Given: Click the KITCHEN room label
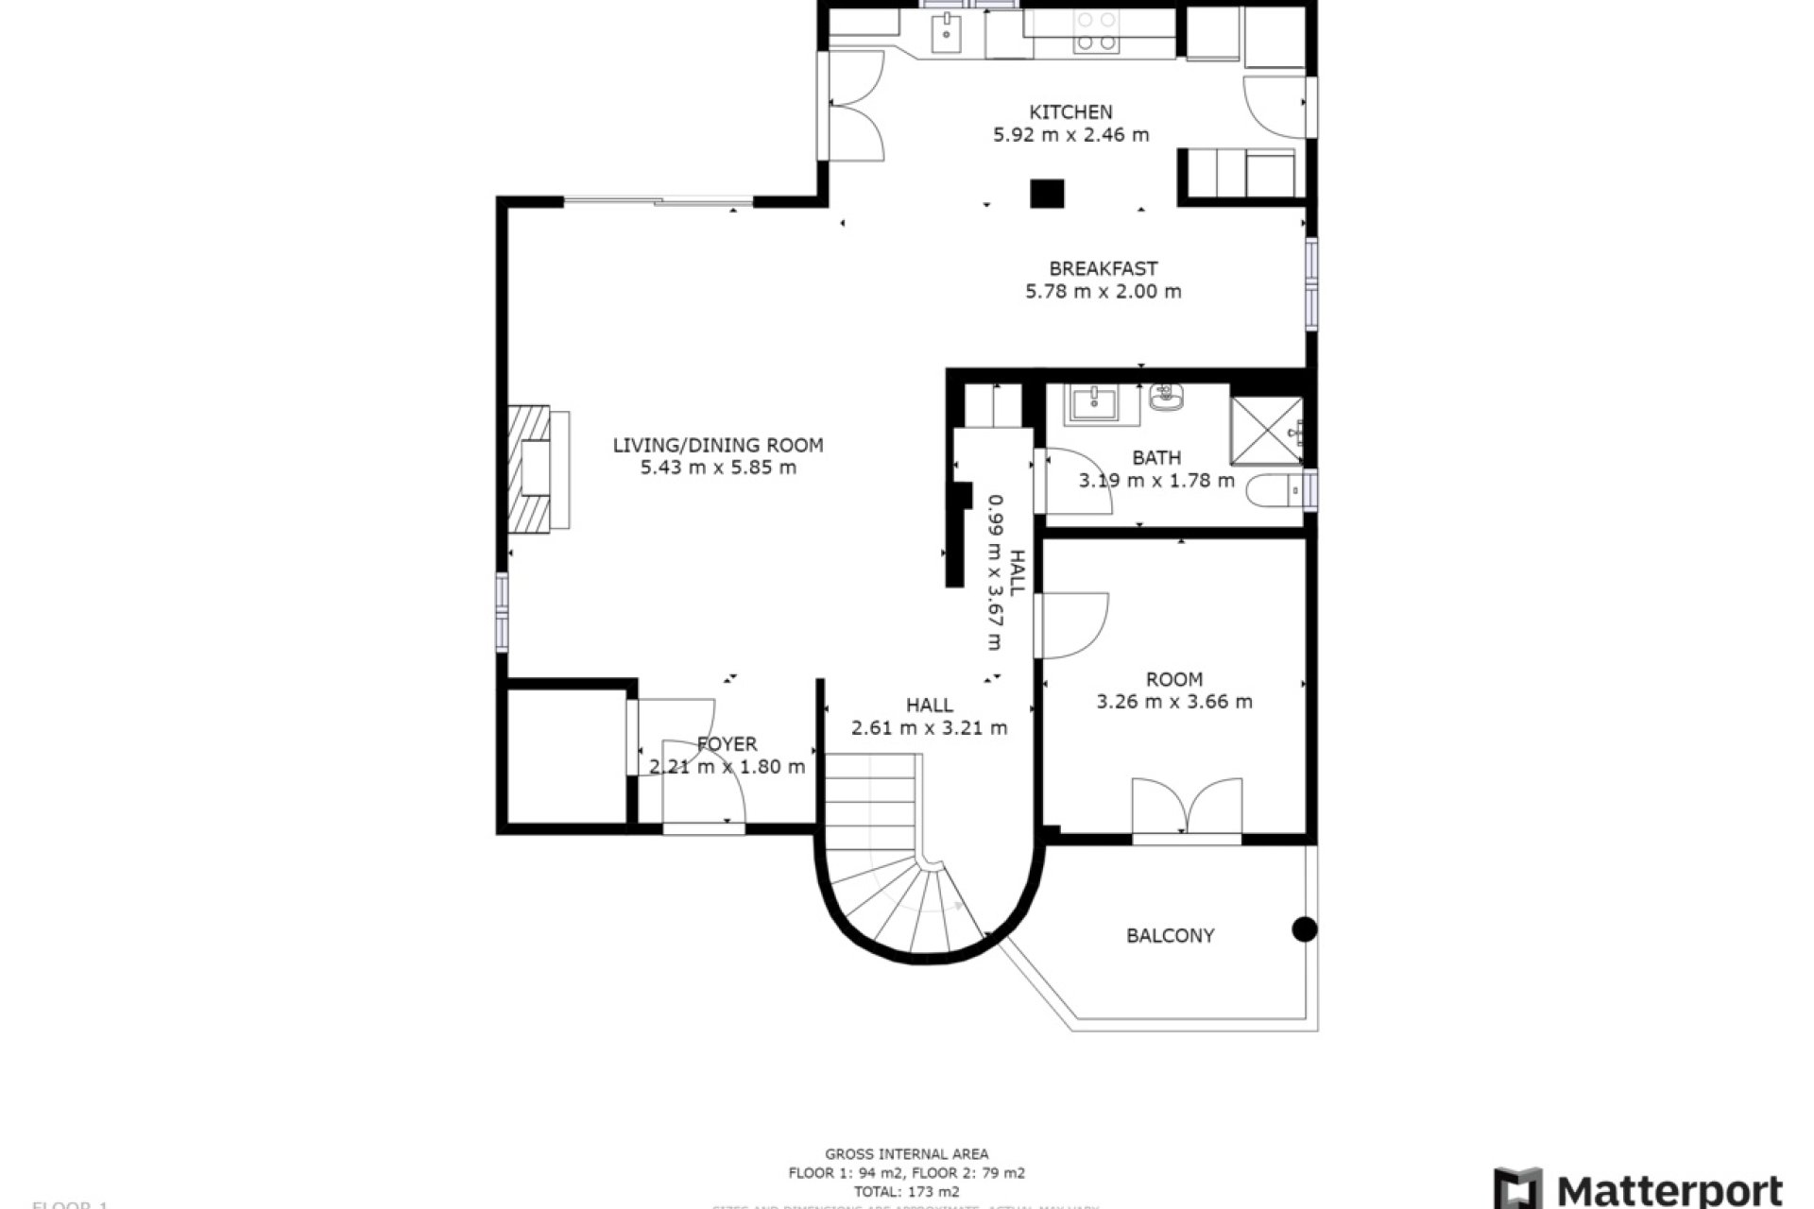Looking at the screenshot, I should (1070, 111).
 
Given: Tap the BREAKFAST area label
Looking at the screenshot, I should (1103, 268).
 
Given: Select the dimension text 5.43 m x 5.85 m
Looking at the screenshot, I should (718, 468).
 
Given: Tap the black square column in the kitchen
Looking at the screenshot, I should (1047, 194).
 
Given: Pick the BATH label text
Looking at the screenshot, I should (1156, 458).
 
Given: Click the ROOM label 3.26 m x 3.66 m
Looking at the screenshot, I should (1174, 690).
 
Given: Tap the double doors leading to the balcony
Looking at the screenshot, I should (1187, 808).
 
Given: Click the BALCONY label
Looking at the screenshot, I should (1170, 936).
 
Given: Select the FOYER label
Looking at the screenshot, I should (727, 744).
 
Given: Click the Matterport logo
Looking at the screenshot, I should (1638, 1188).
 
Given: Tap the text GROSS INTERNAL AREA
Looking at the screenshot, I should (906, 1153).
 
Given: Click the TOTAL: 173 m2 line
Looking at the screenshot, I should (906, 1192).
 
